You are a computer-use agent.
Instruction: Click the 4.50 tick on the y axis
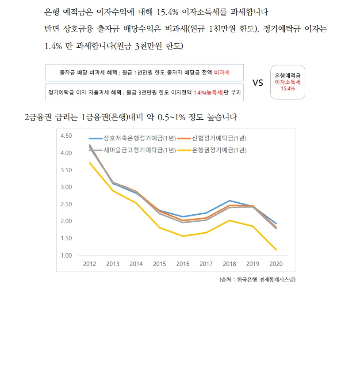point(65,136)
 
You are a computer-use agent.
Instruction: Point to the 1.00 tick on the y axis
point(65,255)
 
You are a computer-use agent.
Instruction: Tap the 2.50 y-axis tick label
point(65,204)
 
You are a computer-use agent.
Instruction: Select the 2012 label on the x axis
point(90,264)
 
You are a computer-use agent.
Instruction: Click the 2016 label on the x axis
point(183,264)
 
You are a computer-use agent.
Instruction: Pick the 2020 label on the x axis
point(276,264)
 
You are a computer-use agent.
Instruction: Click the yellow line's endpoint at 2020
point(276,250)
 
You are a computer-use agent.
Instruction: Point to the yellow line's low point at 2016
point(183,236)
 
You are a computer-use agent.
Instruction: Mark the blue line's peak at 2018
point(229,201)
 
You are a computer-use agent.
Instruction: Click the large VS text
point(258,83)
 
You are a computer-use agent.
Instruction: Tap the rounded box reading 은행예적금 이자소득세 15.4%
point(287,82)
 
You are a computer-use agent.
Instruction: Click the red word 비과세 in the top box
point(222,72)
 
